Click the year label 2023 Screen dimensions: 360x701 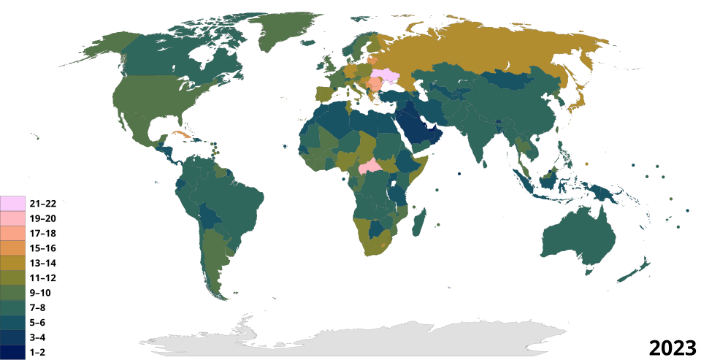coord(672,346)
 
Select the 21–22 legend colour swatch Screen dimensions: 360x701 coord(13,203)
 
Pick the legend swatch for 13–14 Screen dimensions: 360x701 coord(13,263)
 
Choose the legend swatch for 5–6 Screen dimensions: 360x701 coord(13,322)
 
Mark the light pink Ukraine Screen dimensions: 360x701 coord(387,77)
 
